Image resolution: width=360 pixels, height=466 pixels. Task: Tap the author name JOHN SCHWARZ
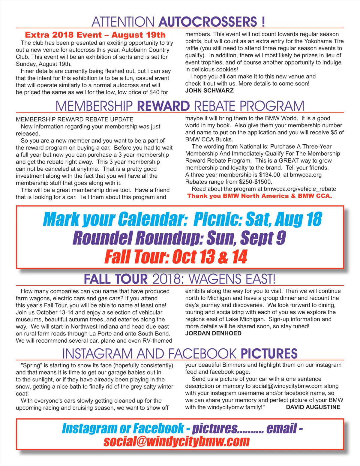[x=209, y=91]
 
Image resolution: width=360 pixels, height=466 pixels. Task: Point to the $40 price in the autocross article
[x=155, y=92]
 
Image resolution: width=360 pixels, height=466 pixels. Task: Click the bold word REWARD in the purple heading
[x=163, y=106]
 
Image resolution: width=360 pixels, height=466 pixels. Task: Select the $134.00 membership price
[x=269, y=175]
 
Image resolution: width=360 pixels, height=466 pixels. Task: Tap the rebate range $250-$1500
[x=255, y=182]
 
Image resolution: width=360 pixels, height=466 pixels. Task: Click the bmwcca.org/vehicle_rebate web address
[x=300, y=189]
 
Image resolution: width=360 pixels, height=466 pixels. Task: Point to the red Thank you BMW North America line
[x=259, y=196]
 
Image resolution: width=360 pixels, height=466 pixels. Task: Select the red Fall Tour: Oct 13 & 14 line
[x=176, y=257]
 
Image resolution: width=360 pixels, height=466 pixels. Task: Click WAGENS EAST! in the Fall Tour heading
[x=232, y=279]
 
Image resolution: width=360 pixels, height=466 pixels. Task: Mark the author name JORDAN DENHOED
[x=213, y=333]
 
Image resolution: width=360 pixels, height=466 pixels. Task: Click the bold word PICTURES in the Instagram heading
[x=269, y=354]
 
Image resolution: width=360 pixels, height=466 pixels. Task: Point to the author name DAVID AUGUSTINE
[x=313, y=407]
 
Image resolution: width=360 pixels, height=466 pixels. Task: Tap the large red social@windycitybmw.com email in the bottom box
[x=176, y=441]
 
